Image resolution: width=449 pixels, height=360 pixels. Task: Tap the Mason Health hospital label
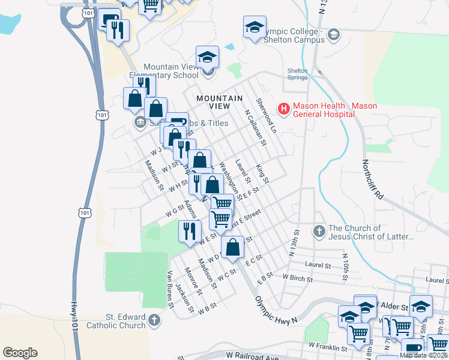pos(335,110)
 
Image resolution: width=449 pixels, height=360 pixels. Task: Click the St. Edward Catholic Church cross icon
pos(155,320)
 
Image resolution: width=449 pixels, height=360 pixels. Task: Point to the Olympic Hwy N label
pos(276,310)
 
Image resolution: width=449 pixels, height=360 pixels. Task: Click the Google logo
pos(20,352)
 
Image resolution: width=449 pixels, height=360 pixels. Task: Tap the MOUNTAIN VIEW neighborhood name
pos(220,102)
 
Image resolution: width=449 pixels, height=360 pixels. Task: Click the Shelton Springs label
pos(297,74)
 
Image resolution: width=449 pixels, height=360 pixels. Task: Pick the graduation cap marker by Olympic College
pos(255,27)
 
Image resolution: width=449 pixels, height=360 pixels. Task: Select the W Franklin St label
pos(328,347)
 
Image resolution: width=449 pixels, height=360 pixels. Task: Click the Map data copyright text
pos(423,355)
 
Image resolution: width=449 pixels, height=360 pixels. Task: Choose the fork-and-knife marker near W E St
pos(190,232)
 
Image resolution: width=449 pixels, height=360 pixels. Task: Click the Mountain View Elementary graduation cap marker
pos(207,57)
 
